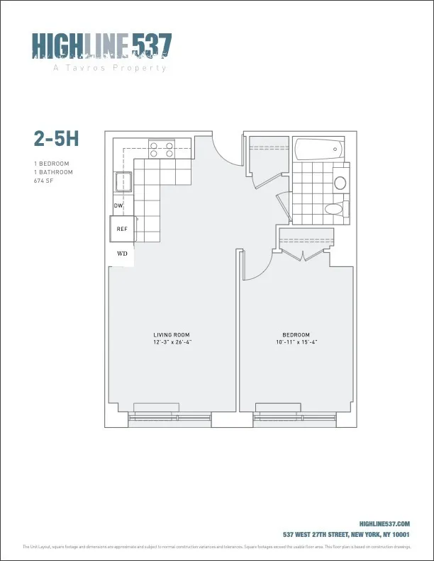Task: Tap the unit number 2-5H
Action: [x=55, y=138]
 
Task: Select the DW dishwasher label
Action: [x=119, y=206]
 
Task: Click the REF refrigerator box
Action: [x=122, y=229]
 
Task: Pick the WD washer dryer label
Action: [x=122, y=253]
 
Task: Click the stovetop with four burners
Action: [x=162, y=149]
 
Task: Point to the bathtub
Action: [x=318, y=149]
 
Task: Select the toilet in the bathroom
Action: [x=335, y=209]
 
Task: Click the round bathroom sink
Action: [x=340, y=183]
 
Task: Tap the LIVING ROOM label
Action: [x=172, y=334]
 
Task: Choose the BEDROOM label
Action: [x=296, y=334]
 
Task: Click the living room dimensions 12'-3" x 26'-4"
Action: [x=172, y=342]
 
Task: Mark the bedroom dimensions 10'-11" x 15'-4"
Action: [x=296, y=342]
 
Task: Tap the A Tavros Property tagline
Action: [x=110, y=68]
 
